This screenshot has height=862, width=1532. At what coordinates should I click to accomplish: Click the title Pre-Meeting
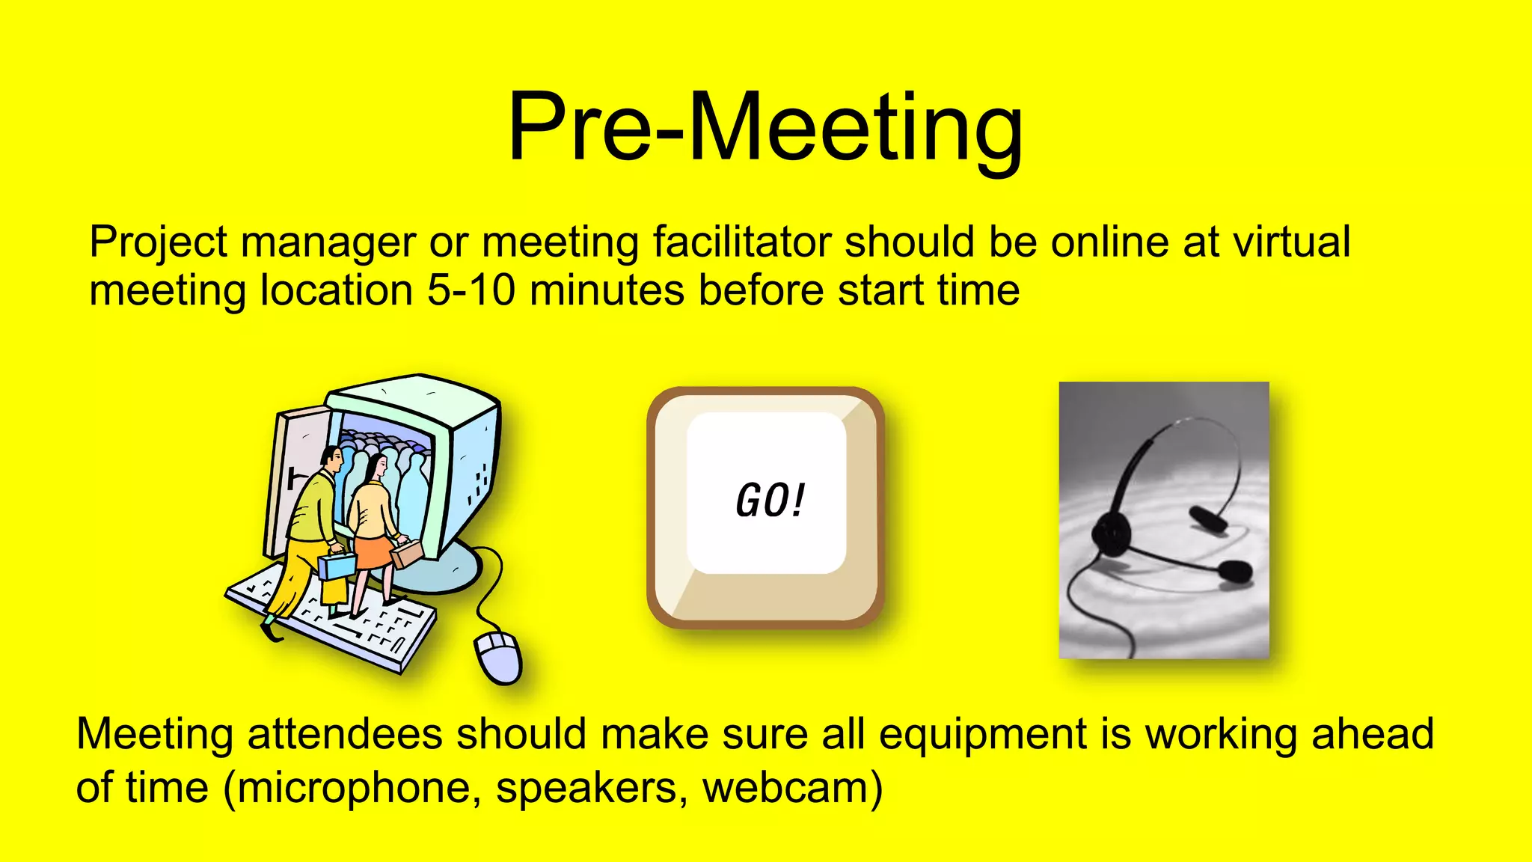tap(765, 127)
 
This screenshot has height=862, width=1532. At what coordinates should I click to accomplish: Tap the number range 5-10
tap(471, 290)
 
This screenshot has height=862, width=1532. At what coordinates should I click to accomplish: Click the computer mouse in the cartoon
tap(498, 656)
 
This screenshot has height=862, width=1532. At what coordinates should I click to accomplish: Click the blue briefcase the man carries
tap(337, 566)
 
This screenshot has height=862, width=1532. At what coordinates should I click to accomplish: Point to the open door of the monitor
tap(295, 479)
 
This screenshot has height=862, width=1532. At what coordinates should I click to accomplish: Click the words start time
tap(928, 290)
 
